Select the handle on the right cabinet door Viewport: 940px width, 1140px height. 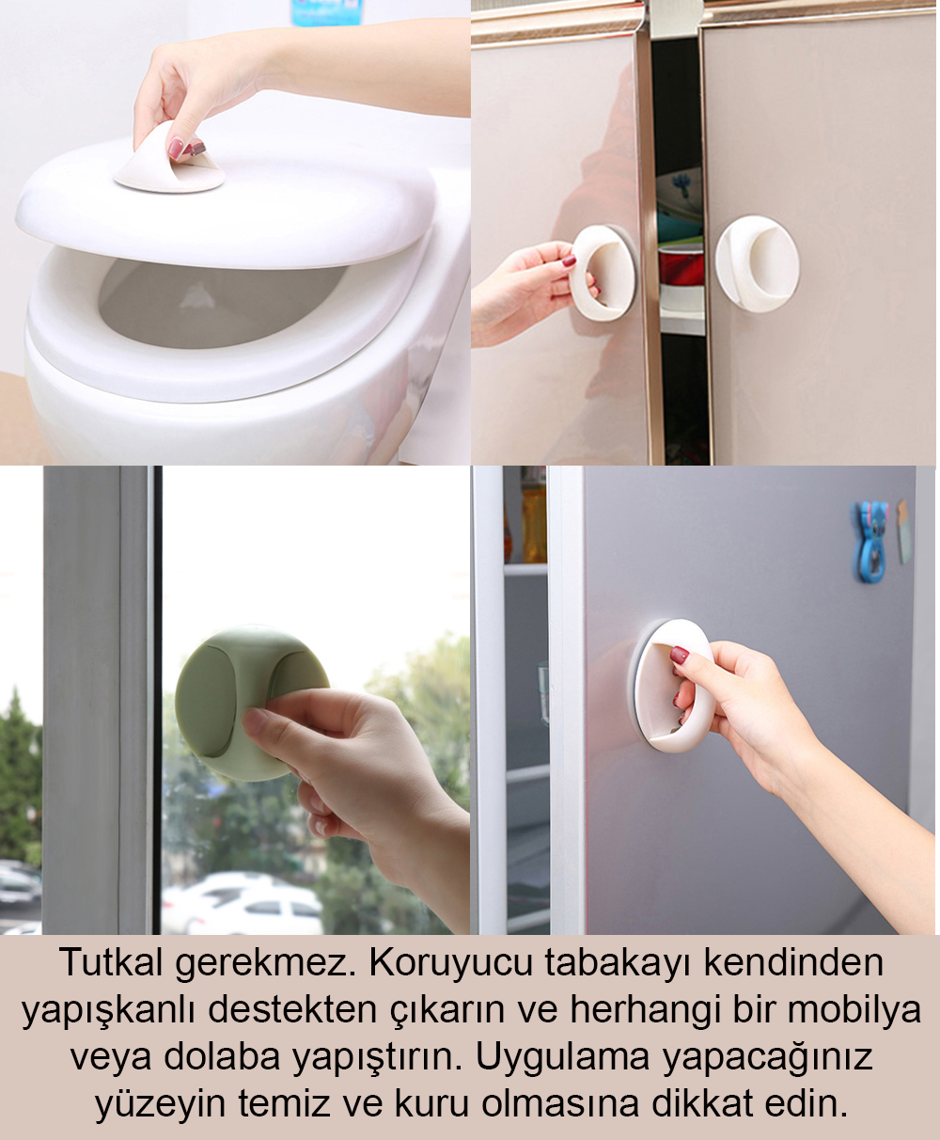pyautogui.click(x=758, y=263)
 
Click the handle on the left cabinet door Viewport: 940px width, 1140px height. pyautogui.click(x=603, y=273)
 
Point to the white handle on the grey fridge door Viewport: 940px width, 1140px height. pyautogui.click(x=674, y=685)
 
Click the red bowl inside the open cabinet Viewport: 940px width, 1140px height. pyautogui.click(x=681, y=264)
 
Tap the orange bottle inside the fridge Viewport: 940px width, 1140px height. pyautogui.click(x=533, y=517)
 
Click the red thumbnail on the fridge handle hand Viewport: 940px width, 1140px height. pyautogui.click(x=680, y=656)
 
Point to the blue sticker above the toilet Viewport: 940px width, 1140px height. pyautogui.click(x=326, y=12)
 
